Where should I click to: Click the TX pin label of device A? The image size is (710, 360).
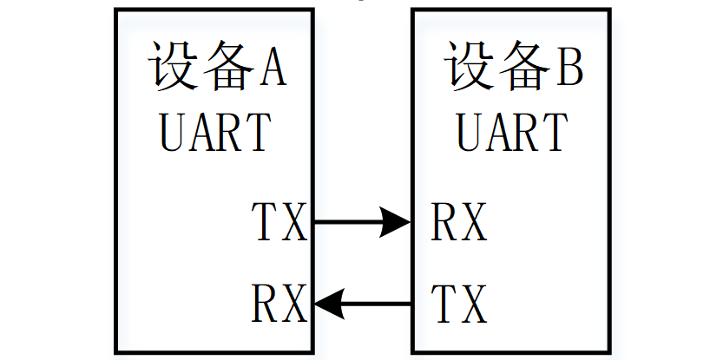point(279,222)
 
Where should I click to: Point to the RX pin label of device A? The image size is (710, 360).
point(279,304)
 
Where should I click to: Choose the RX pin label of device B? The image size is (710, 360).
point(460,222)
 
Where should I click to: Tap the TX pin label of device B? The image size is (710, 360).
point(460,304)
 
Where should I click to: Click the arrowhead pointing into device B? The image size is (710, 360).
point(398,222)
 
